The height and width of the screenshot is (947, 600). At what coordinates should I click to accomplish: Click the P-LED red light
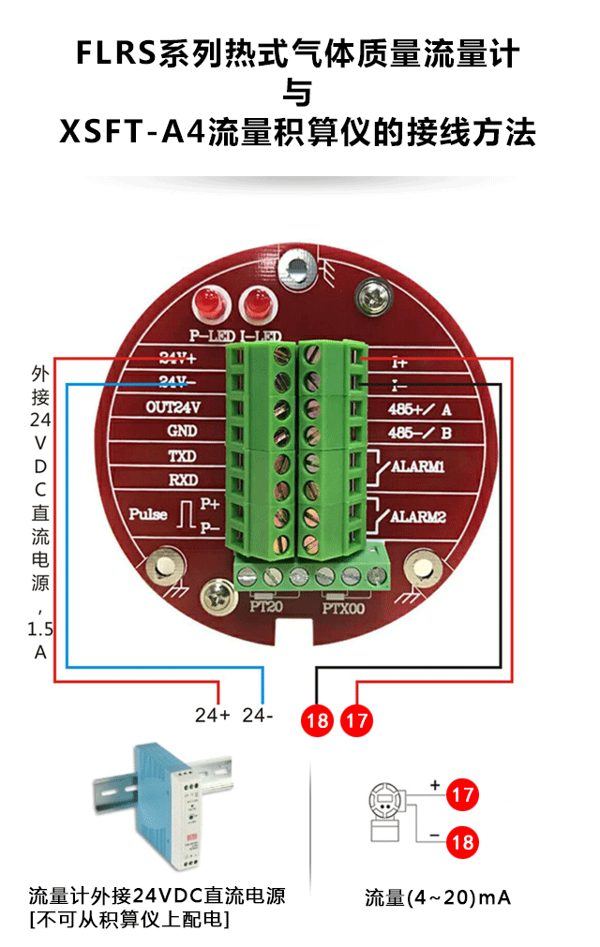coord(207,303)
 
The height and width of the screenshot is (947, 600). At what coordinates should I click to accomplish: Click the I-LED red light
coord(253,303)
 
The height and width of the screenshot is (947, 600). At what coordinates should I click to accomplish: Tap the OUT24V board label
coord(174,407)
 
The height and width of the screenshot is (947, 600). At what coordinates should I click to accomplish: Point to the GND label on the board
coord(181,432)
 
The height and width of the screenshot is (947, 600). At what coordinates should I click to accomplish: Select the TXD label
coord(181,457)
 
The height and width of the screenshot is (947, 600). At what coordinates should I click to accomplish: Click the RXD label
coord(181,480)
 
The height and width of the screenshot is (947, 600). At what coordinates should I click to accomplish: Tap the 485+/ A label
coord(419,409)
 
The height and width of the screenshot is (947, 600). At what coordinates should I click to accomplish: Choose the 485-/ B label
coord(419,433)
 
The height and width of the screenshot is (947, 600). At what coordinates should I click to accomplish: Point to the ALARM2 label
coord(417,516)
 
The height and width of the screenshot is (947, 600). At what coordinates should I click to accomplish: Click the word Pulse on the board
coord(149,514)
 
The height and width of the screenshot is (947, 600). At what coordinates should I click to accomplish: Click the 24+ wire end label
coord(213,716)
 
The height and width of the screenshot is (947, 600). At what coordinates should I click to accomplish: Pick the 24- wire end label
coord(258,716)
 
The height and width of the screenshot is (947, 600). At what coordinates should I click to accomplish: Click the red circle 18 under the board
coord(317,720)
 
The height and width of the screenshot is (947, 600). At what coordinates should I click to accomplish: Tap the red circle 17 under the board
coord(356,720)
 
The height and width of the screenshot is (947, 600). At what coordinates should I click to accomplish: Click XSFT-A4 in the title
coord(131,131)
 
